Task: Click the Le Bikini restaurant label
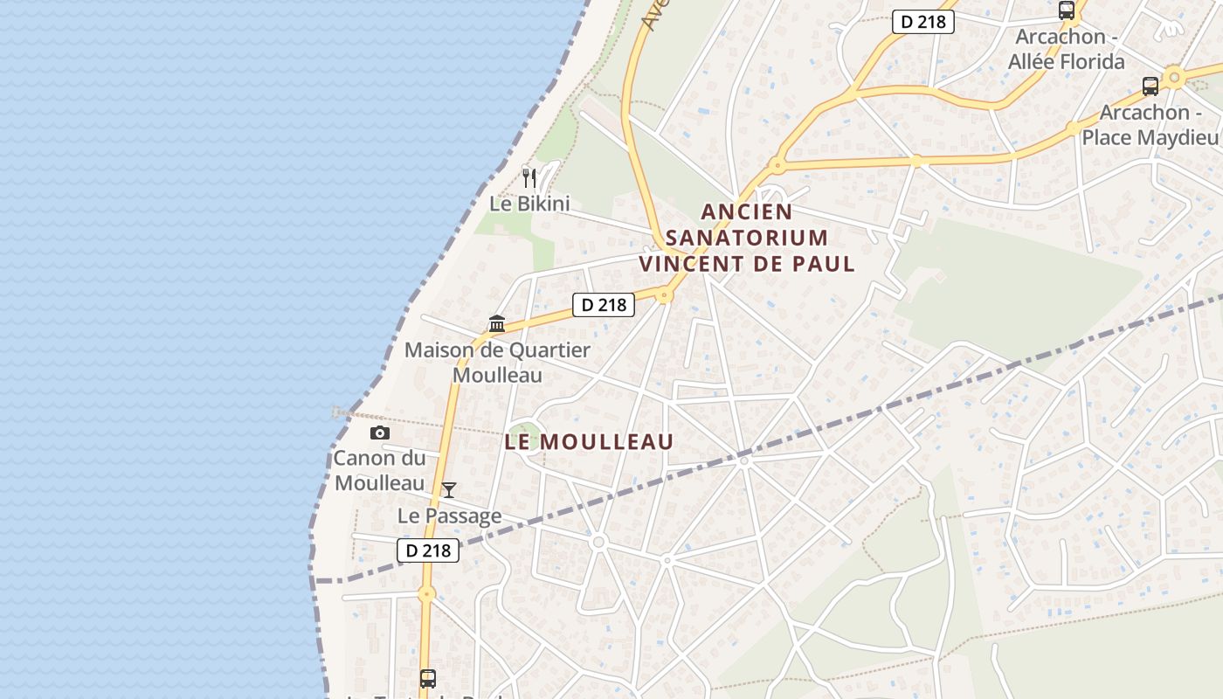coord(529,204)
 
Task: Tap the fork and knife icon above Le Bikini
coord(529,178)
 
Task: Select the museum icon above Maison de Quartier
coord(497,324)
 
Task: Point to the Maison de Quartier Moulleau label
coord(497,363)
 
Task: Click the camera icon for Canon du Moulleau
coord(379,433)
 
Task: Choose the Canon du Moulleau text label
coord(380,470)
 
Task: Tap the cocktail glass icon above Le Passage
coord(449,490)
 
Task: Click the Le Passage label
coord(450,516)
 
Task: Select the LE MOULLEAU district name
coord(590,442)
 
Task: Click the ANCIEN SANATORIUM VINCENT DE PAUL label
coord(747,237)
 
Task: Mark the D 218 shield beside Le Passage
coord(429,550)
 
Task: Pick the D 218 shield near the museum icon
coord(603,305)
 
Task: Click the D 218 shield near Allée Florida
coord(922,22)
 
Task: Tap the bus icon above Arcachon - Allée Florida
coord(1067,10)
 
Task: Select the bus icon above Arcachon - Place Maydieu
coord(1150,87)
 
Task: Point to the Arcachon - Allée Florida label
coord(1067,50)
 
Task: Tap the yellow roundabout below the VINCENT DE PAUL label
coord(665,295)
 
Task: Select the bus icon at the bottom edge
coord(427,678)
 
